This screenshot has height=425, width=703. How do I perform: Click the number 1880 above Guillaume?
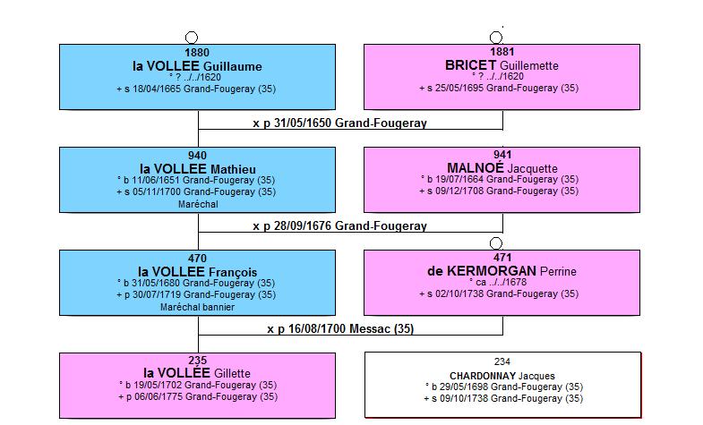(197, 53)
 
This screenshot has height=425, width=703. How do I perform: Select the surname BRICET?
(470, 65)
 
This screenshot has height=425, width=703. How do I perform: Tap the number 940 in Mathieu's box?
(197, 156)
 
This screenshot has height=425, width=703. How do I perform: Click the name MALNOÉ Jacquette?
(502, 168)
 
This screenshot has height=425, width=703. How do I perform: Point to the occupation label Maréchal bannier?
(197, 307)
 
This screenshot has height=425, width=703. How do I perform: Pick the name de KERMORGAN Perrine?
(502, 271)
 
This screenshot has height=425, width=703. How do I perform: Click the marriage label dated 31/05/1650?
(339, 123)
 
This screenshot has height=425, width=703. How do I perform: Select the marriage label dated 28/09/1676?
(339, 225)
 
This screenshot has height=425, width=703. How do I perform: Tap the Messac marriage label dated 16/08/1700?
(340, 328)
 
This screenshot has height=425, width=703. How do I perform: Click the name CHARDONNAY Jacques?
(502, 376)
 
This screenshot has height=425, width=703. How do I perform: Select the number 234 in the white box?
(502, 361)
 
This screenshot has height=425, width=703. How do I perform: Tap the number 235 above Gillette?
(197, 361)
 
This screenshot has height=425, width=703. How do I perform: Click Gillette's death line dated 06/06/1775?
(198, 396)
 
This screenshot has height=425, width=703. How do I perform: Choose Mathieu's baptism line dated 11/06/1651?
(196, 180)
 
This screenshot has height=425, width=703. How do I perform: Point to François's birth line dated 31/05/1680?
(196, 283)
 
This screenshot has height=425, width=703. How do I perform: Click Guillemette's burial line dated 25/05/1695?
(499, 89)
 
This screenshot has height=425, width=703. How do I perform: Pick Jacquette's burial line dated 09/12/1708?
(499, 191)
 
